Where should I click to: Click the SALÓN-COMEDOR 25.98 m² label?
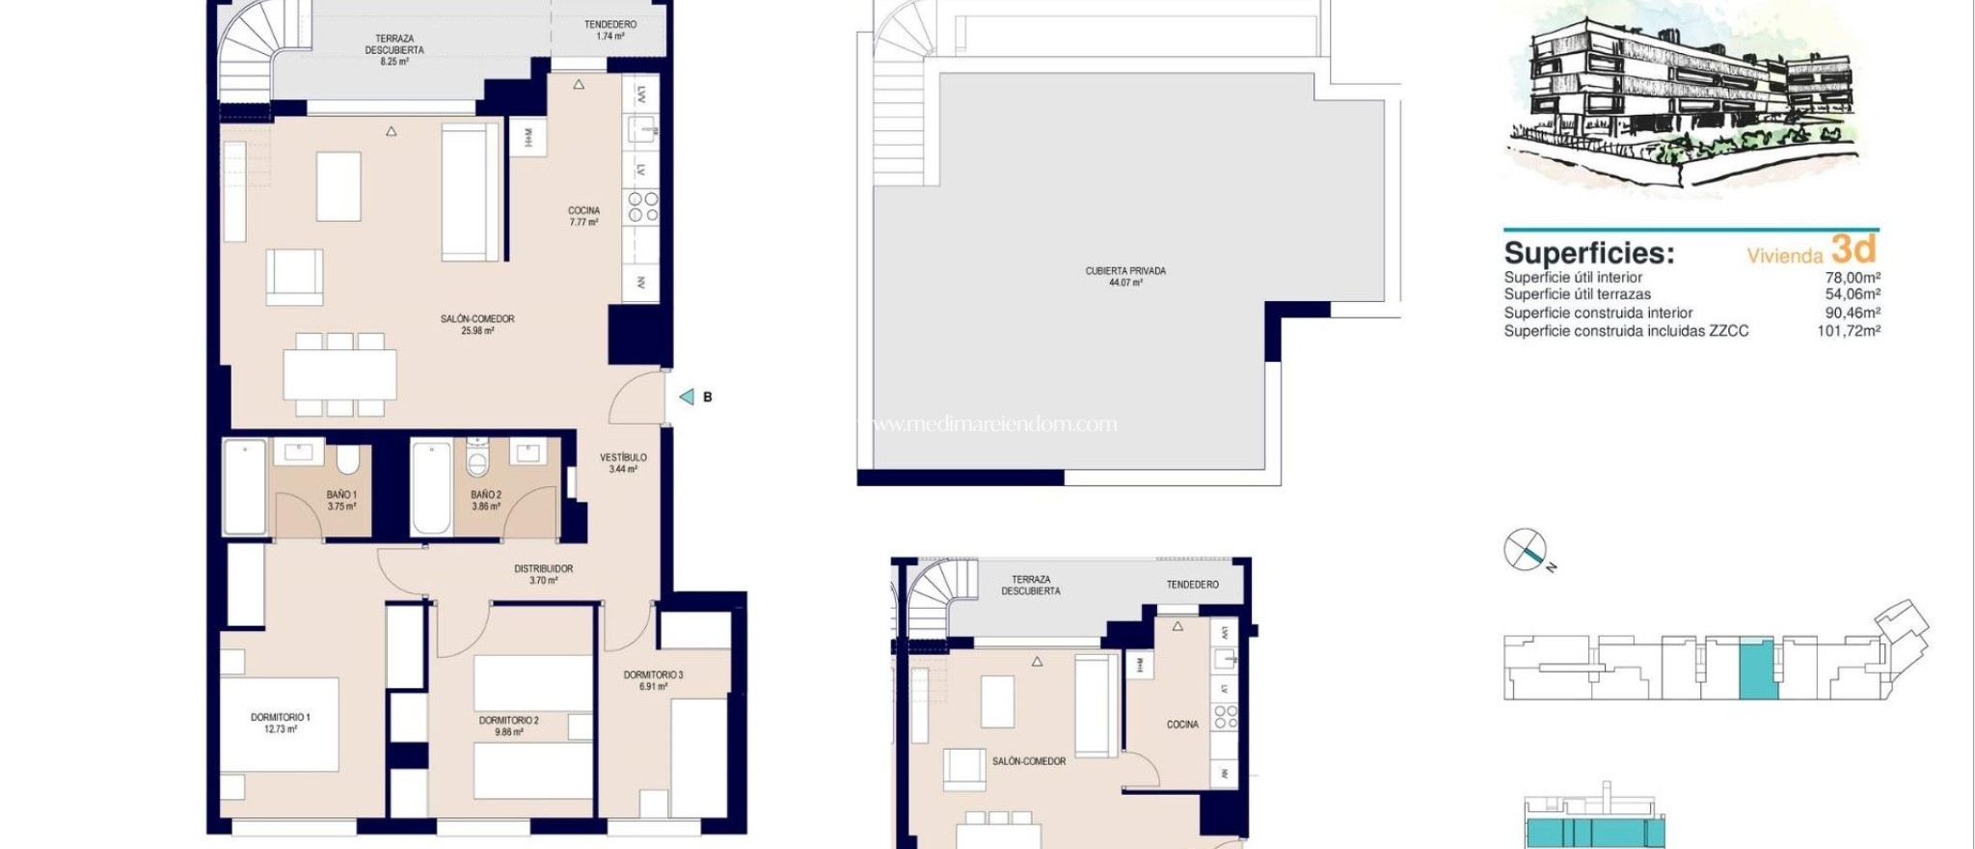477,324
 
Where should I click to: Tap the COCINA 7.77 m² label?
583,216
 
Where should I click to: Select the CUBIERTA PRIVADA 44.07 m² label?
1125,277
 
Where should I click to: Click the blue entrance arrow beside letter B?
687,397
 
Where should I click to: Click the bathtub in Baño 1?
245,487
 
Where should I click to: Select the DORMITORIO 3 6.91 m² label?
653,680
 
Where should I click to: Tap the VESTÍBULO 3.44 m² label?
623,463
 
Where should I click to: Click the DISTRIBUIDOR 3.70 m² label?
543,574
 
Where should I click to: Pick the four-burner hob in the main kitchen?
642,207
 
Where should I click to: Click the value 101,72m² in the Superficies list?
1848,331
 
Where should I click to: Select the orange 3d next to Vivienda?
1853,251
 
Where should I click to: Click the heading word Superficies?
1588,254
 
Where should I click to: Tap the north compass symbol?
1526,550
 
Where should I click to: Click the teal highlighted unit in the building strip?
1757,668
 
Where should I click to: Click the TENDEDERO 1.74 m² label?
609,30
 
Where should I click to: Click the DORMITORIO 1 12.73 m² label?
280,723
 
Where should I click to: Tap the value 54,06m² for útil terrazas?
1852,294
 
